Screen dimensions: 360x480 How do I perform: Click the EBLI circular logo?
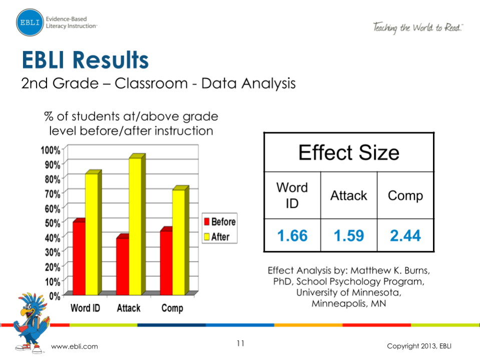(x=30, y=23)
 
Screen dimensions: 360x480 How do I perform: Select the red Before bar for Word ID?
(x=79, y=258)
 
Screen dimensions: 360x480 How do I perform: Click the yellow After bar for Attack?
(x=135, y=225)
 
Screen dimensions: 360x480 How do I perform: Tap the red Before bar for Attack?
(x=122, y=265)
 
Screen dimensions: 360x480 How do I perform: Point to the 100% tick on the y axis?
(x=52, y=150)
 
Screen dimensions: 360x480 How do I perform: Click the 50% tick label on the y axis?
(x=53, y=222)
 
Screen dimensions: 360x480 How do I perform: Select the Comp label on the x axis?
(x=172, y=308)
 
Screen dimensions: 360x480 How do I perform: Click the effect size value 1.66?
(x=292, y=235)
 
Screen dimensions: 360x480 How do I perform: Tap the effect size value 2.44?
(x=405, y=235)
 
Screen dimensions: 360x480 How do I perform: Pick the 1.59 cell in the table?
(x=349, y=235)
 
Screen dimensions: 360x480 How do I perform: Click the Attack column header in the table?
(x=349, y=195)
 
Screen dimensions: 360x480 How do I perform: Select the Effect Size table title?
(x=349, y=152)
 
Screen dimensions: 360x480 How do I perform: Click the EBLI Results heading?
(x=85, y=60)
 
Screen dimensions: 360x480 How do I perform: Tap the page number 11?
(x=240, y=343)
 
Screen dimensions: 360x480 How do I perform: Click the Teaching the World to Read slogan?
(x=417, y=28)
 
